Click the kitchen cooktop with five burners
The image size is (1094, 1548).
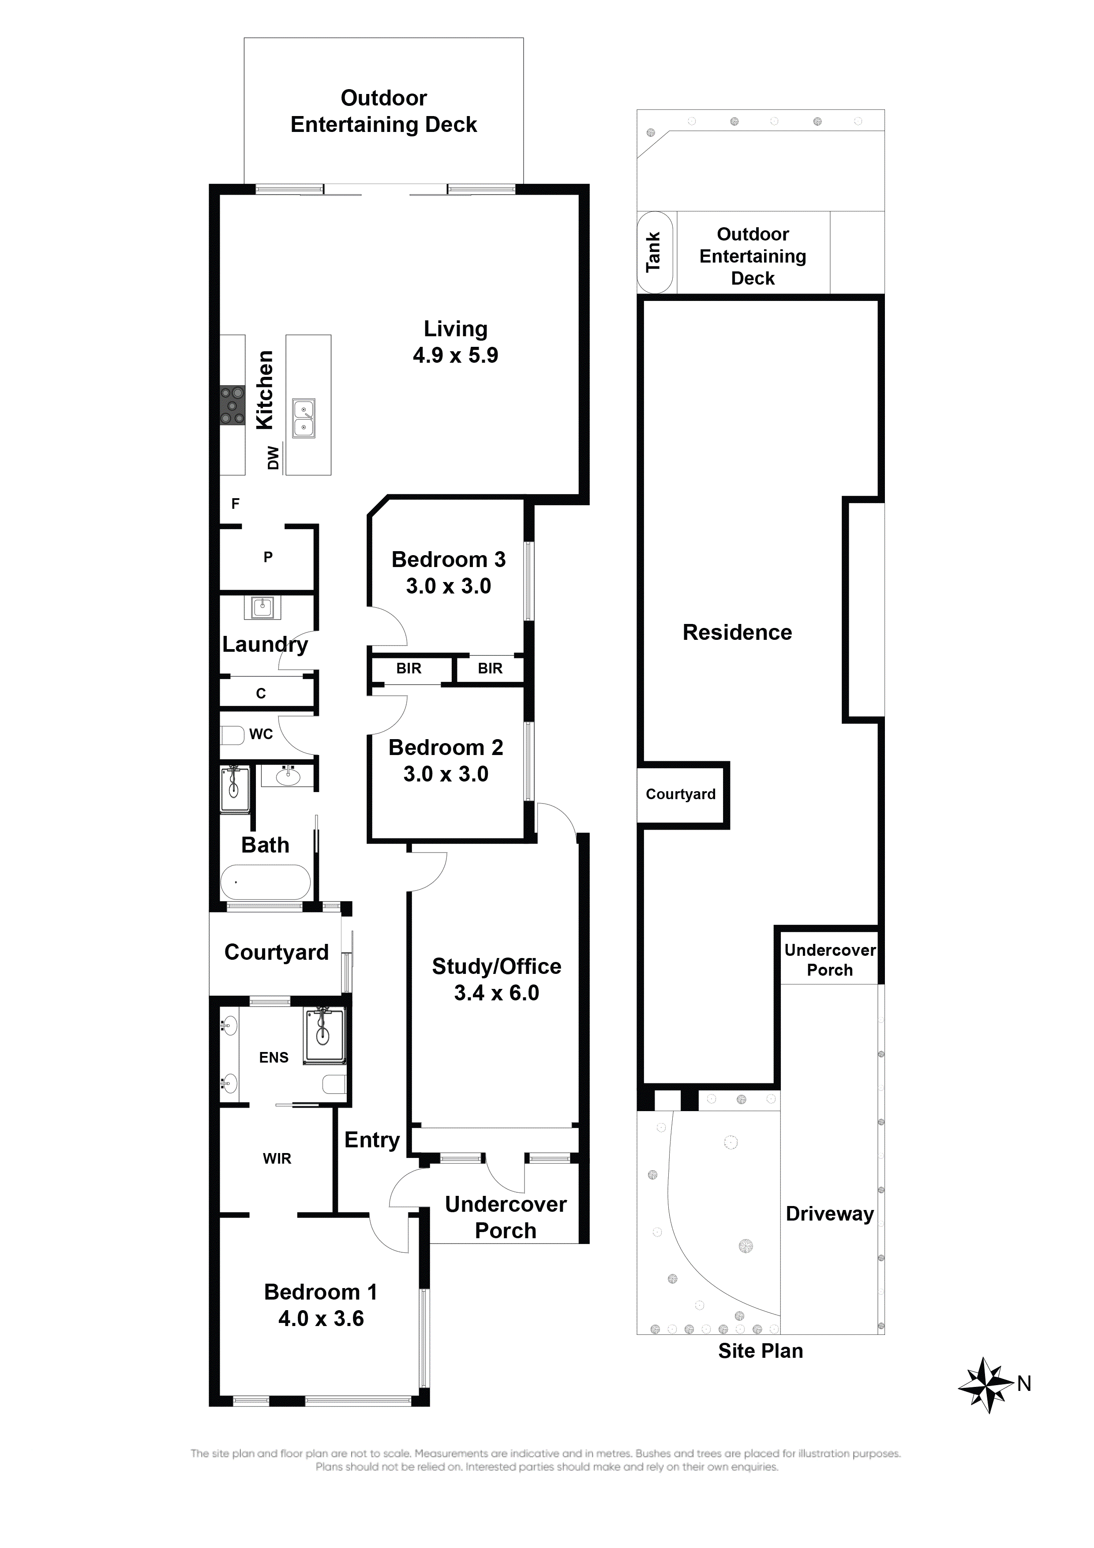pyautogui.click(x=232, y=405)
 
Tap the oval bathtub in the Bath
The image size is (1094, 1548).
pyautogui.click(x=266, y=881)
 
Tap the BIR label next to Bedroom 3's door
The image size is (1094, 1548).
pyautogui.click(x=408, y=668)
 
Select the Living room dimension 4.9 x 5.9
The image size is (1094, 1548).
pyautogui.click(x=456, y=355)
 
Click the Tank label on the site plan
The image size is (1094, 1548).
pyautogui.click(x=653, y=252)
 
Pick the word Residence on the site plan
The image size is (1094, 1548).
pyautogui.click(x=737, y=632)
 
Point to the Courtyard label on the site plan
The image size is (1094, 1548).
pyautogui.click(x=680, y=794)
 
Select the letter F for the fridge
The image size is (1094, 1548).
pyautogui.click(x=235, y=503)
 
